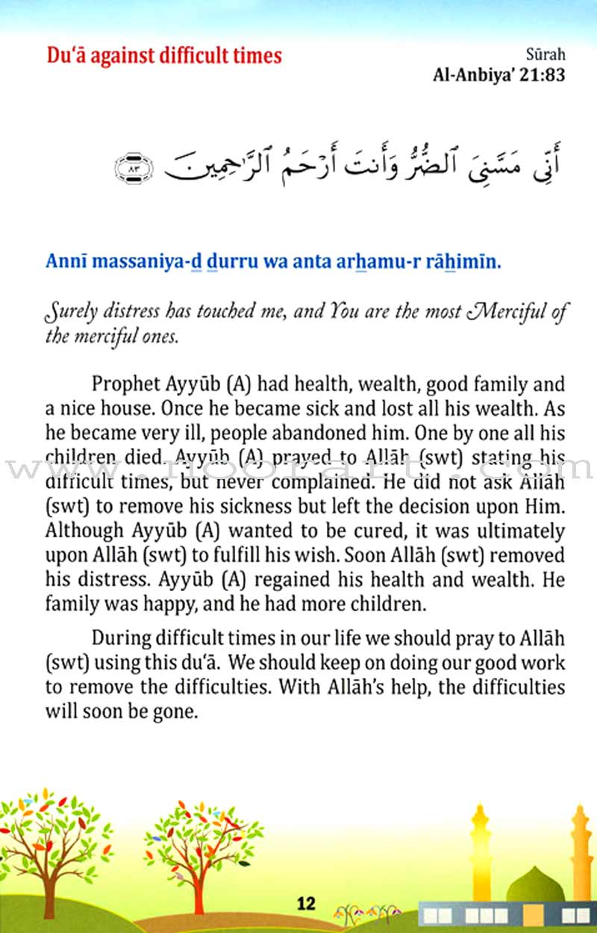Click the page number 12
(x=306, y=904)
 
